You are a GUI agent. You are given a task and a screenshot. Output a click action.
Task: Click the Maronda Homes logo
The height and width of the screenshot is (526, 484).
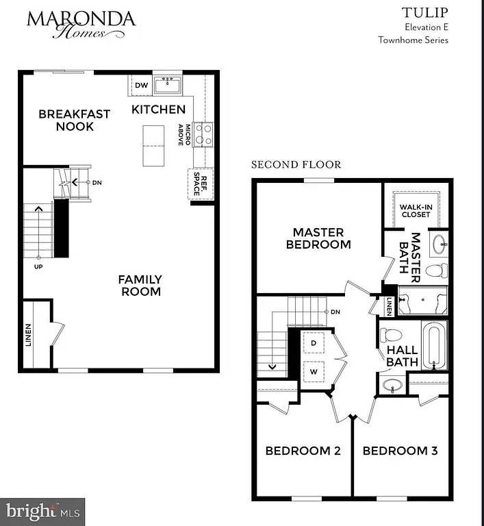click(81, 25)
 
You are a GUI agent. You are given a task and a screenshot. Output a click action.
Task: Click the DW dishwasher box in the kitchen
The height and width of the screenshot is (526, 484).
click(142, 85)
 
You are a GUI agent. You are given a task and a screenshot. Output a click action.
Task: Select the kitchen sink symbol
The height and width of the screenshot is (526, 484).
click(167, 86)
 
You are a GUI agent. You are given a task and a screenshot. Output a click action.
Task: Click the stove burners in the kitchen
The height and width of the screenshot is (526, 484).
click(203, 134)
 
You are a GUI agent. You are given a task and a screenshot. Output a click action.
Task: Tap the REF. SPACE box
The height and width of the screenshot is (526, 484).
click(196, 184)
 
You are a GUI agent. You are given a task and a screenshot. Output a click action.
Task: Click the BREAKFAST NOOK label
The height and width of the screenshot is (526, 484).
click(74, 120)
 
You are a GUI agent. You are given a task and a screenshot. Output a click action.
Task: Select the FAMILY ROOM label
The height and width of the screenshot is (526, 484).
click(140, 285)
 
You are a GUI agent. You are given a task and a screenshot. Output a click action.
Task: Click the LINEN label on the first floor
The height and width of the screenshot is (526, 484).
click(29, 335)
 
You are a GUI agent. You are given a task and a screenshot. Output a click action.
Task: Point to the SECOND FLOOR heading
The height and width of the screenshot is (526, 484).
click(296, 164)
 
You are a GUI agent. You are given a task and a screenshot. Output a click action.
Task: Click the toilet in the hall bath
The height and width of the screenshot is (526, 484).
click(391, 336)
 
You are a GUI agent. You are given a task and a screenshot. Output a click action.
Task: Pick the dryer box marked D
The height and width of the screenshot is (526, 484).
click(314, 342)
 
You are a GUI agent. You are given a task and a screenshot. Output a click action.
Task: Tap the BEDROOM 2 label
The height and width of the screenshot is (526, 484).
click(303, 451)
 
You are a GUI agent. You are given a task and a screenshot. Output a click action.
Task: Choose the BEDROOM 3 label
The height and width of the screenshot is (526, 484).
click(400, 451)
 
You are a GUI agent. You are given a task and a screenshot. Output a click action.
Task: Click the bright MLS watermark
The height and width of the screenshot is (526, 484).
click(42, 511)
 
